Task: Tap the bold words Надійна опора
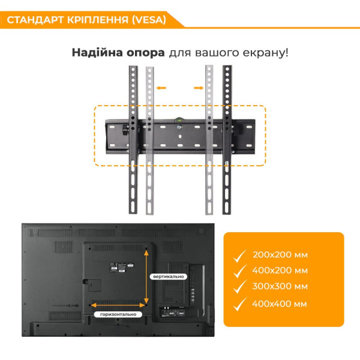pos(118,52)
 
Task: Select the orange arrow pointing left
pos(161,88)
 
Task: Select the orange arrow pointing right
pos(198,88)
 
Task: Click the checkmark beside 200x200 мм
pos(240,256)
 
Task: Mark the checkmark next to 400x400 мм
pos(240,304)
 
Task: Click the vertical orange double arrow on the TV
pos(146,275)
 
